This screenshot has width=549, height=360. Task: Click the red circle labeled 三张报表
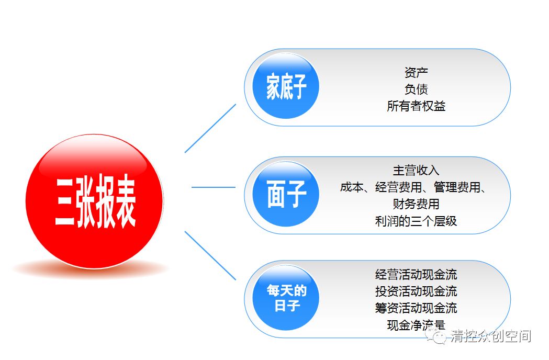(x=95, y=201)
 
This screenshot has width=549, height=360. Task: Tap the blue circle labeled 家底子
(x=286, y=86)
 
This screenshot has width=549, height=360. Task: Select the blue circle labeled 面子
(x=286, y=194)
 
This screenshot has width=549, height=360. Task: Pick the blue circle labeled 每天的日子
(x=286, y=297)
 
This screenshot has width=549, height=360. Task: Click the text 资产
(x=416, y=73)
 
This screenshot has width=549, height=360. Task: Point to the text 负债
(x=416, y=89)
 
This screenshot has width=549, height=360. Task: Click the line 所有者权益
(x=416, y=106)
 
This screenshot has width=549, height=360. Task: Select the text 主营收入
(x=416, y=171)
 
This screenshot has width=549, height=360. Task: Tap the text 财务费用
(x=416, y=204)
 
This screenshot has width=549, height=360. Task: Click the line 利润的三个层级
(x=416, y=221)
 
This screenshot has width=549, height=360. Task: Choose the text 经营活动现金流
(x=416, y=275)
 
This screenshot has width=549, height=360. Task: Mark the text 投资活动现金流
(x=416, y=291)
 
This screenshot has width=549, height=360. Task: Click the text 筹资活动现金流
(x=416, y=308)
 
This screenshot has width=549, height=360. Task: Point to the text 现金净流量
(x=416, y=325)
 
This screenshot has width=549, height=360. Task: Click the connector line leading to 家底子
(x=210, y=128)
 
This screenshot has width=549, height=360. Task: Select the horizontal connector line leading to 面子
(x=214, y=187)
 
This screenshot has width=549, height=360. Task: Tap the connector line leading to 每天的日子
(x=210, y=256)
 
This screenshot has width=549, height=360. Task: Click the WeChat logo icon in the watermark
(x=435, y=336)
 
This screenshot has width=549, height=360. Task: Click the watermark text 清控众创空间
(x=491, y=336)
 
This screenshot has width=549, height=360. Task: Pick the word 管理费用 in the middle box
(x=457, y=187)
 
